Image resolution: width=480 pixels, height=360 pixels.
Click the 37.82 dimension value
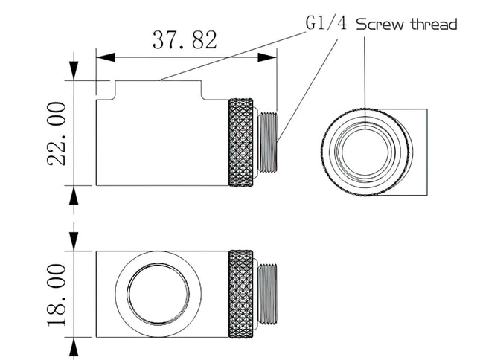click(x=185, y=40)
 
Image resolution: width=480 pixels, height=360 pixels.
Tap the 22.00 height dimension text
click(x=57, y=134)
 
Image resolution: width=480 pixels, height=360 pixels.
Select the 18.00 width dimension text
click(x=57, y=295)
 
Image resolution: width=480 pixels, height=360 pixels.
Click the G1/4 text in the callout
click(x=327, y=23)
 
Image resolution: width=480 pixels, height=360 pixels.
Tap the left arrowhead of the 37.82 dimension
click(x=106, y=57)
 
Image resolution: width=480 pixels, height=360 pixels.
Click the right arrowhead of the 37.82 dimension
click(x=267, y=57)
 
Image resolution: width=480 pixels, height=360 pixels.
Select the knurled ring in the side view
click(x=241, y=142)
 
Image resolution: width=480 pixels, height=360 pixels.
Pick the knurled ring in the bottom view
click(x=241, y=294)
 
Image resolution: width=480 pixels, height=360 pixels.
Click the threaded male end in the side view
click(x=268, y=142)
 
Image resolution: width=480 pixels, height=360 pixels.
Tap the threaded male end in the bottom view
click(x=268, y=294)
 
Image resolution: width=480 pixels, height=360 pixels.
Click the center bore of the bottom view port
click(x=159, y=294)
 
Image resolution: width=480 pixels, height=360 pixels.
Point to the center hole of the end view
click(x=365, y=152)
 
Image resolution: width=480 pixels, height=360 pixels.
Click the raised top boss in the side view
click(x=159, y=89)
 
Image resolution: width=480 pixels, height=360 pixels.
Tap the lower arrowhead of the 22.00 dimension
click(x=74, y=195)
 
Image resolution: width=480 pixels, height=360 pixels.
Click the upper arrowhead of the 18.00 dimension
click(x=74, y=241)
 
